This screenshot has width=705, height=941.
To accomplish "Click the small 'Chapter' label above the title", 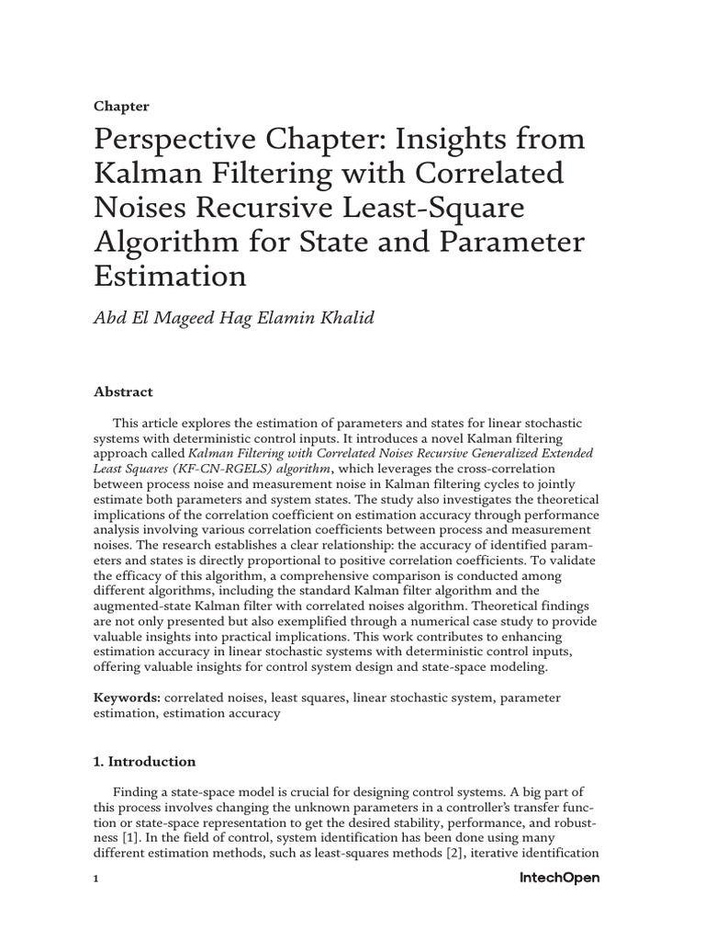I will [121, 106].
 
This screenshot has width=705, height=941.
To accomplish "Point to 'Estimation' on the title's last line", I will [170, 276].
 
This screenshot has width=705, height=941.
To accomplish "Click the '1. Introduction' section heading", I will [145, 761].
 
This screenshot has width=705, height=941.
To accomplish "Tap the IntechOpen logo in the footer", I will [559, 879].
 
